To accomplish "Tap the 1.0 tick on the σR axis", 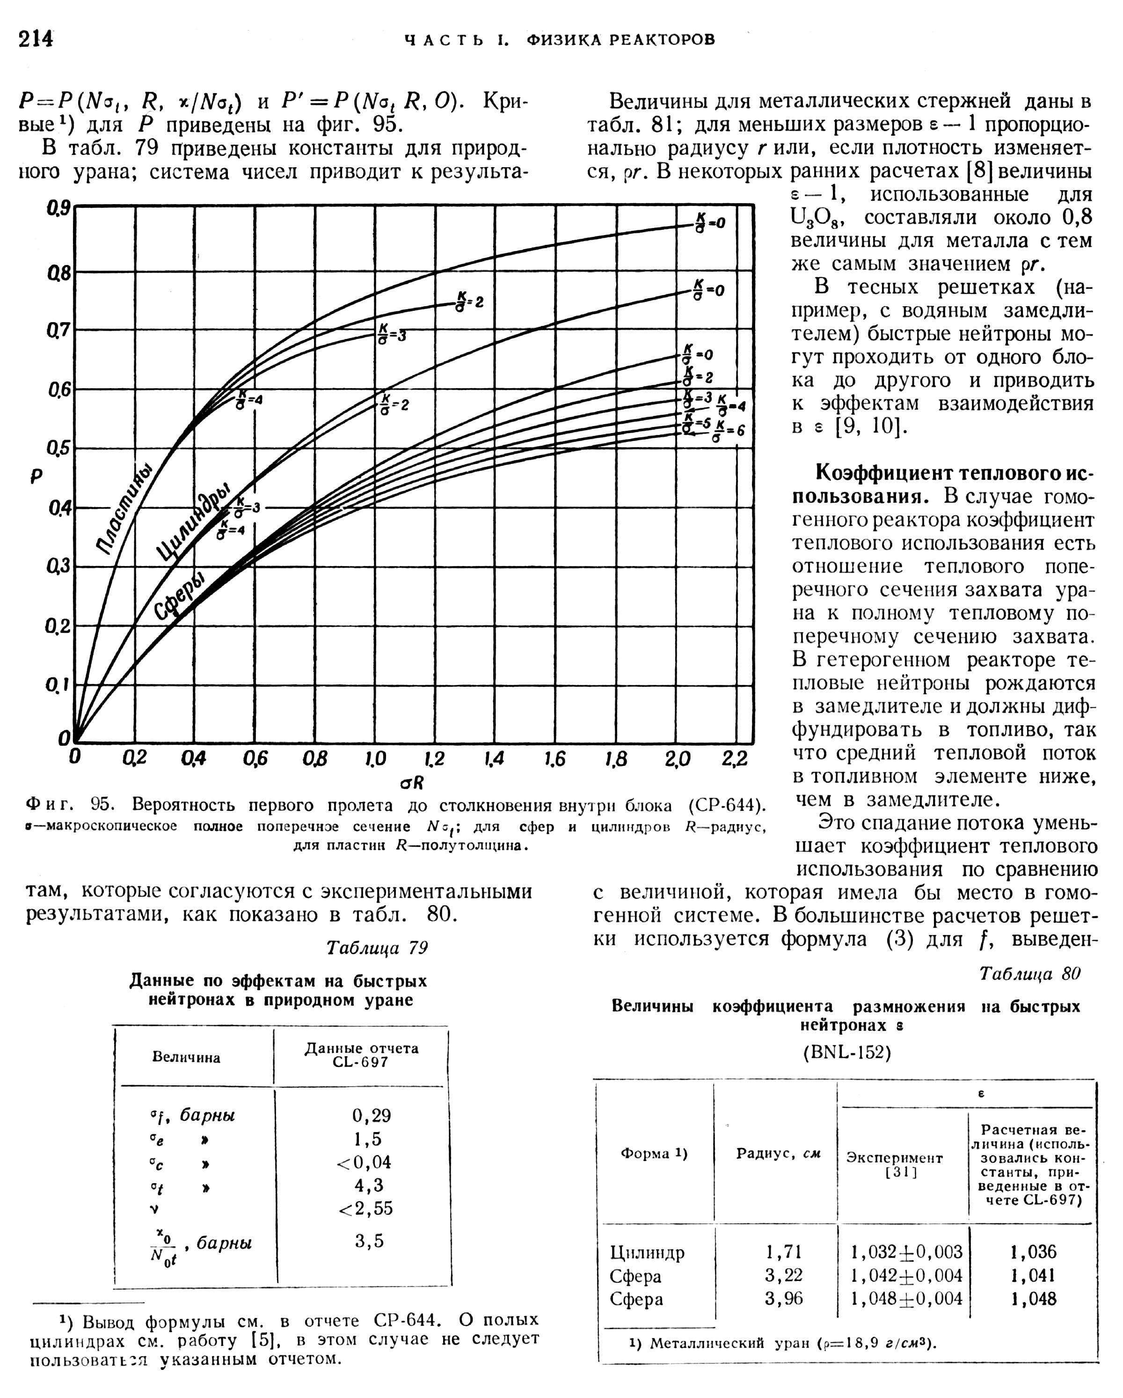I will point(374,758).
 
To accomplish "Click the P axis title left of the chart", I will point(36,477).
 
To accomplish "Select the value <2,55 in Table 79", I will point(365,1208).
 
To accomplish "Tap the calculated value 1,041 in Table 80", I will point(1034,1275).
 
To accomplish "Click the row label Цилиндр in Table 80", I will point(647,1252).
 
